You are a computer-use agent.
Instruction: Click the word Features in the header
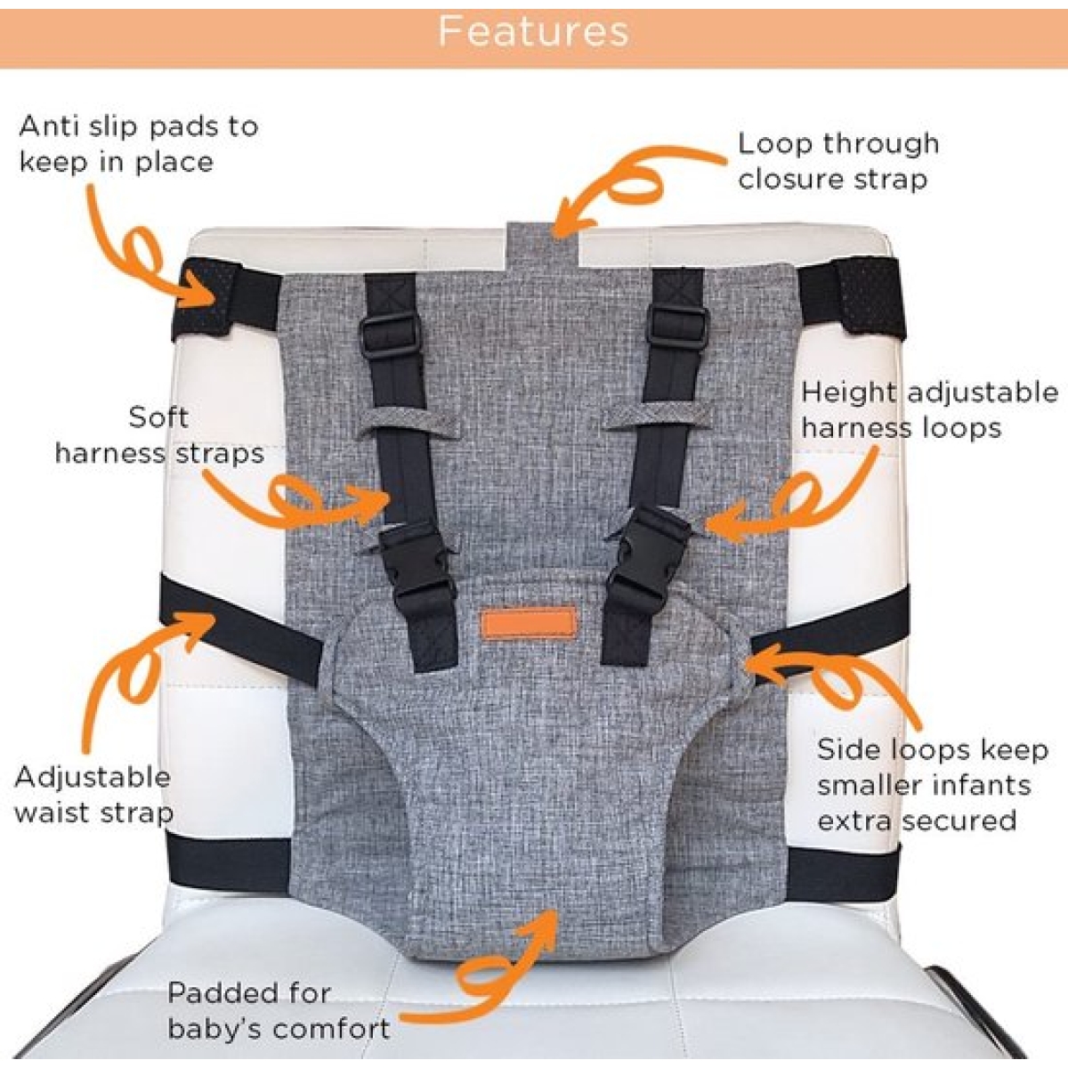click(533, 31)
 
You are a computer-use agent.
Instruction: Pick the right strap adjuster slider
click(676, 329)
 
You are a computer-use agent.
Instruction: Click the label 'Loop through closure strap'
click(838, 161)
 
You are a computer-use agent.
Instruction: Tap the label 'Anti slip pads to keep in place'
click(139, 144)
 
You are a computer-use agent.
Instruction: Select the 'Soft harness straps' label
click(159, 435)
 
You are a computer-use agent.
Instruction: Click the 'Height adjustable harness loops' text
click(930, 410)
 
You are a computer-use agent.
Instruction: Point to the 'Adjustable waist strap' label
click(93, 795)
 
